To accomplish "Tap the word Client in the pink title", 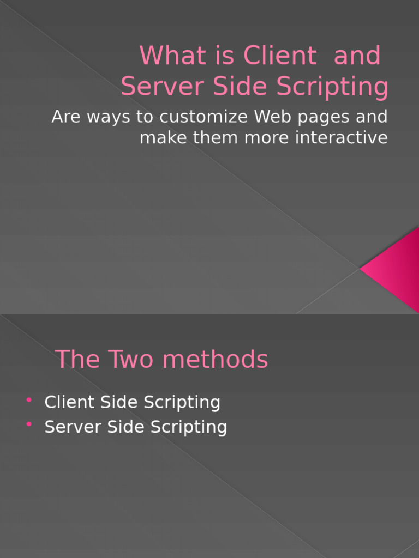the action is coord(280,56).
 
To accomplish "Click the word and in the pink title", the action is coord(357,56).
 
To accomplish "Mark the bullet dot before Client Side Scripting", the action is coord(29,401).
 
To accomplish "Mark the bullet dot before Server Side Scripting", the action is coord(29,425).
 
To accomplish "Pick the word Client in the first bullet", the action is coord(69,402).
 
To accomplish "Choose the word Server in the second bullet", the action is coord(73,427).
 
